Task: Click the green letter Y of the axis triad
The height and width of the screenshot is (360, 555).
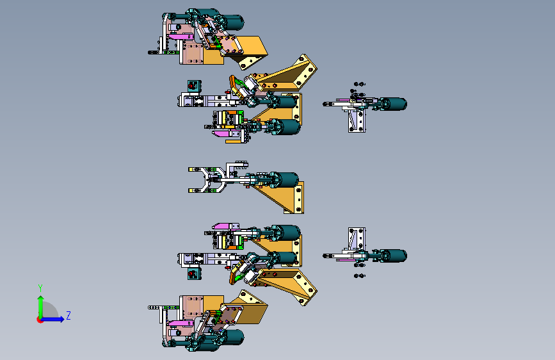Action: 40,288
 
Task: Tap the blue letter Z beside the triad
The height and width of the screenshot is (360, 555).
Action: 68,315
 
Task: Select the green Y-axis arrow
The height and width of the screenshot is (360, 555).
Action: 40,304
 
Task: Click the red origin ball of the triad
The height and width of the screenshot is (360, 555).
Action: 40,319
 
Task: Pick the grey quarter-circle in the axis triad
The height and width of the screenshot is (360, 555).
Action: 50,311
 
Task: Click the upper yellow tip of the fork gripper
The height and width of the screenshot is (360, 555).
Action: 191,170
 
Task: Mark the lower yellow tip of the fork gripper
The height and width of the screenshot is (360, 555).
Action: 191,190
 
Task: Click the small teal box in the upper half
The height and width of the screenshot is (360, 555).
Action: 192,86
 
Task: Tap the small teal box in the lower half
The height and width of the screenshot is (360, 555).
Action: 192,274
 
